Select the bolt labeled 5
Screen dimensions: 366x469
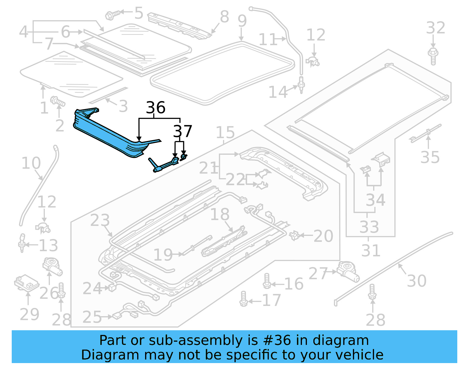point(112,14)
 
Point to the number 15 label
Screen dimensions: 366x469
point(225,132)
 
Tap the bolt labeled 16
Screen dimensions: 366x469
point(267,282)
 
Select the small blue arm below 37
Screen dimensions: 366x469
point(163,165)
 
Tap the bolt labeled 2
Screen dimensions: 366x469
point(58,102)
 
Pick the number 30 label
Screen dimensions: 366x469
point(417,281)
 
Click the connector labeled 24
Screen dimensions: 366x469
point(112,288)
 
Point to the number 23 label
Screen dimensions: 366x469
point(100,220)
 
